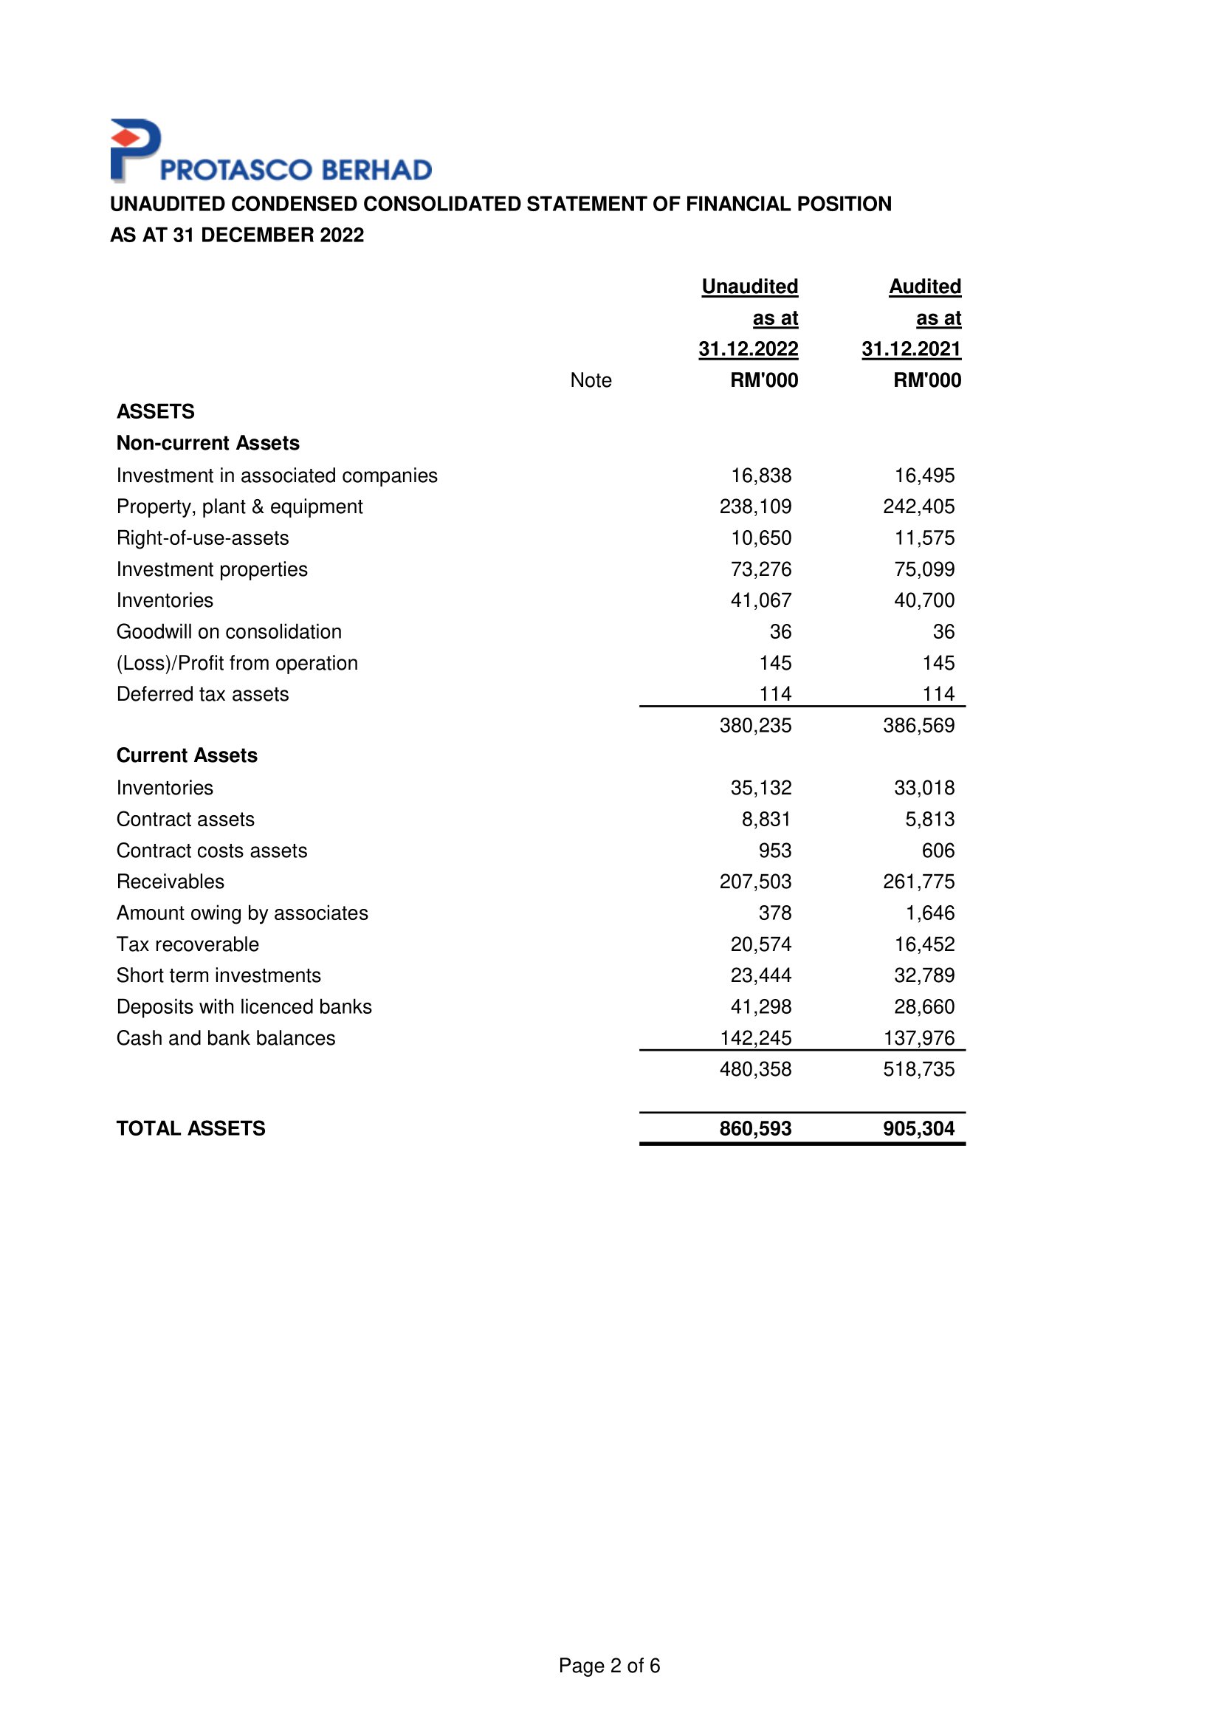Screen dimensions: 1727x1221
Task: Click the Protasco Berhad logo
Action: pyautogui.click(x=271, y=152)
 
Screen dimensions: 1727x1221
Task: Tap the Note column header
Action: pyautogui.click(x=591, y=380)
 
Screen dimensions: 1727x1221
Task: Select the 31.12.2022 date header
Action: pyautogui.click(x=748, y=349)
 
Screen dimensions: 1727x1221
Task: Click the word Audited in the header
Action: pyautogui.click(x=925, y=286)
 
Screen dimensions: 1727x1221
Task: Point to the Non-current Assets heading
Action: pyautogui.click(x=207, y=443)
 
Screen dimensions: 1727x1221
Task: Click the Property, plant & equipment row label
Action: pyautogui.click(x=239, y=507)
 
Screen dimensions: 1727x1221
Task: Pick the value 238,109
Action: pyautogui.click(x=755, y=507)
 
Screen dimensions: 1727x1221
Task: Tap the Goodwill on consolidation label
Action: pyautogui.click(x=229, y=632)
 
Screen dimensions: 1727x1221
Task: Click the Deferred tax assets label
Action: pyautogui.click(x=202, y=694)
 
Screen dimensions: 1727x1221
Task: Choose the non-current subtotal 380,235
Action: pyautogui.click(x=755, y=726)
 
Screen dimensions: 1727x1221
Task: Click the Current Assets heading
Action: pyautogui.click(x=187, y=755)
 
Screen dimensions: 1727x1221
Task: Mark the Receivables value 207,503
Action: pyautogui.click(x=755, y=882)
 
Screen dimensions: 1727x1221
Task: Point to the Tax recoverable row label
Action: pyautogui.click(x=188, y=944)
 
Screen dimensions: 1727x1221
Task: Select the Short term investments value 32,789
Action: pyautogui.click(x=924, y=975)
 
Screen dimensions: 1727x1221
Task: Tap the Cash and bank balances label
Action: pyautogui.click(x=226, y=1038)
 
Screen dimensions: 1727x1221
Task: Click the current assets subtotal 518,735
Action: pyautogui.click(x=918, y=1069)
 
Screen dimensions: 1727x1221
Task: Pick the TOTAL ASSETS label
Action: pyautogui.click(x=190, y=1128)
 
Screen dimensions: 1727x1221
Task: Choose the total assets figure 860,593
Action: pyautogui.click(x=755, y=1128)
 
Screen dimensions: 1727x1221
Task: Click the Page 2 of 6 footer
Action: pyautogui.click(x=609, y=1666)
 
